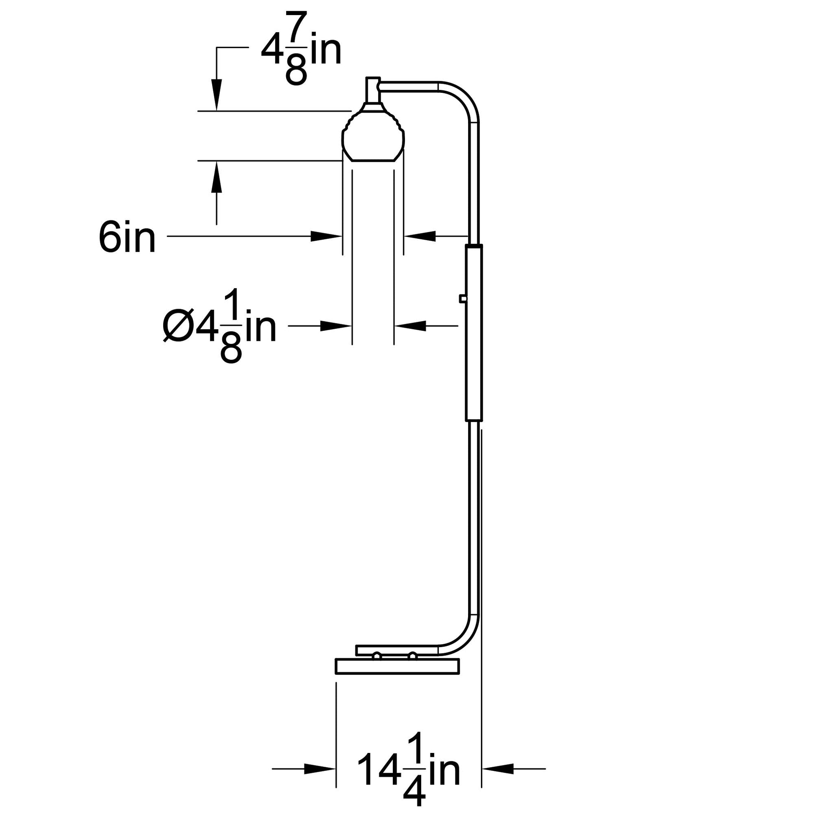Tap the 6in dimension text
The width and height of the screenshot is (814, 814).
(x=127, y=238)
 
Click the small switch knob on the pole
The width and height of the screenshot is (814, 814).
(x=463, y=299)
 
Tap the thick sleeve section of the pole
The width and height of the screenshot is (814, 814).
(x=474, y=333)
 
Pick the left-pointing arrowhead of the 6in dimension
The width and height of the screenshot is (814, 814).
(x=420, y=236)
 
